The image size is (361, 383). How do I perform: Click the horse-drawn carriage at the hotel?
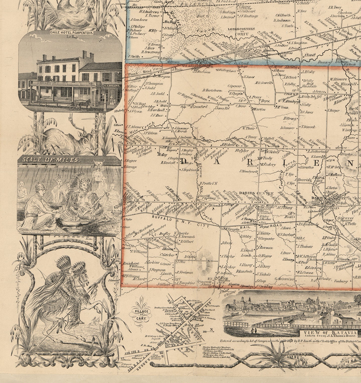[x=80, y=104]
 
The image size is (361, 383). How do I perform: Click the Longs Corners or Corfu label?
[x=241, y=31]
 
